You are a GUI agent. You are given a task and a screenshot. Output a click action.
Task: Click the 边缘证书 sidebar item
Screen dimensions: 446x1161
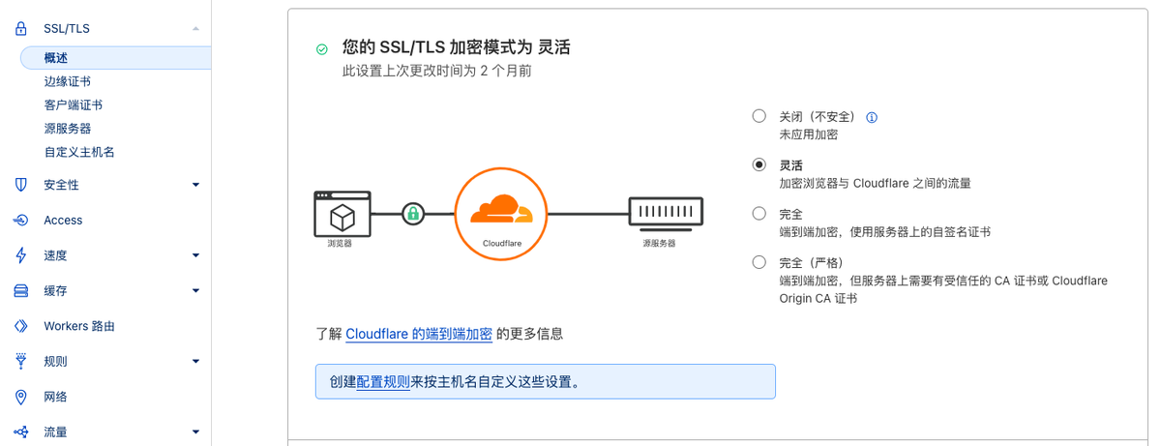pos(67,81)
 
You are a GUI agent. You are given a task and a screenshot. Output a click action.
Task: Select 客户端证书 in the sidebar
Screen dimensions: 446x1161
pos(73,104)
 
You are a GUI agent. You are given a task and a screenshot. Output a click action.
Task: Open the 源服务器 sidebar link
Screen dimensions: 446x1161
pos(67,128)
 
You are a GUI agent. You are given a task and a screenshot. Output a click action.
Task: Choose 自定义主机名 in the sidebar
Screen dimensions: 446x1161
pos(79,152)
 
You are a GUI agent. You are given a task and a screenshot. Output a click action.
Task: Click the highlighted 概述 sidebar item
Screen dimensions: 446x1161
pos(56,58)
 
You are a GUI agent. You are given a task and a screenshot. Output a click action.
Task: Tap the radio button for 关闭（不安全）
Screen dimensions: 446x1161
pos(759,116)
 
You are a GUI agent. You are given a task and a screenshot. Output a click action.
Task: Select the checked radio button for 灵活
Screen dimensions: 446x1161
pos(759,164)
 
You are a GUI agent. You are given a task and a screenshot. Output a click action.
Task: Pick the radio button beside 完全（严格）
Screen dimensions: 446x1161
pos(759,262)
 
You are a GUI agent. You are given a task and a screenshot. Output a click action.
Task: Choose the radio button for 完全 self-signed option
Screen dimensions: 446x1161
pos(759,214)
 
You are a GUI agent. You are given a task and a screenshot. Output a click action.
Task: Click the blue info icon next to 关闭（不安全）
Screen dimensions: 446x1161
pos(872,117)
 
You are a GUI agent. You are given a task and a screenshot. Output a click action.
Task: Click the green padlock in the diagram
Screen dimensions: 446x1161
pos(413,213)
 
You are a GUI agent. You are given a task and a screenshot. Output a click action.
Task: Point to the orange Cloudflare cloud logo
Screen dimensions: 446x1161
pos(500,209)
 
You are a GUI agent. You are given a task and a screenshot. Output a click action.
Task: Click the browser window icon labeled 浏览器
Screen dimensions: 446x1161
pos(342,214)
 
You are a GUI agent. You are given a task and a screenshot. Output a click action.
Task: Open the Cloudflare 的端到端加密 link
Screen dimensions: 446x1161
pos(419,334)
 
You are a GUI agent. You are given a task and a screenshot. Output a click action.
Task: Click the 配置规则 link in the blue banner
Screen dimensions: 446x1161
pos(383,381)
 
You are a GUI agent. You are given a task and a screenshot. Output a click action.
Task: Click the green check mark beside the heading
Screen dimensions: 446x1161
pos(321,48)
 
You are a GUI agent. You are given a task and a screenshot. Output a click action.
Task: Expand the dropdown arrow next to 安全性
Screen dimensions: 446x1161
pos(195,185)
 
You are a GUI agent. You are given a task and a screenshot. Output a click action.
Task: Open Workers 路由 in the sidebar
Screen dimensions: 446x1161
pos(79,326)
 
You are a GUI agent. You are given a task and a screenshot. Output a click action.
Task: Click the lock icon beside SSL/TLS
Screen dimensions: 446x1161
pos(21,30)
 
